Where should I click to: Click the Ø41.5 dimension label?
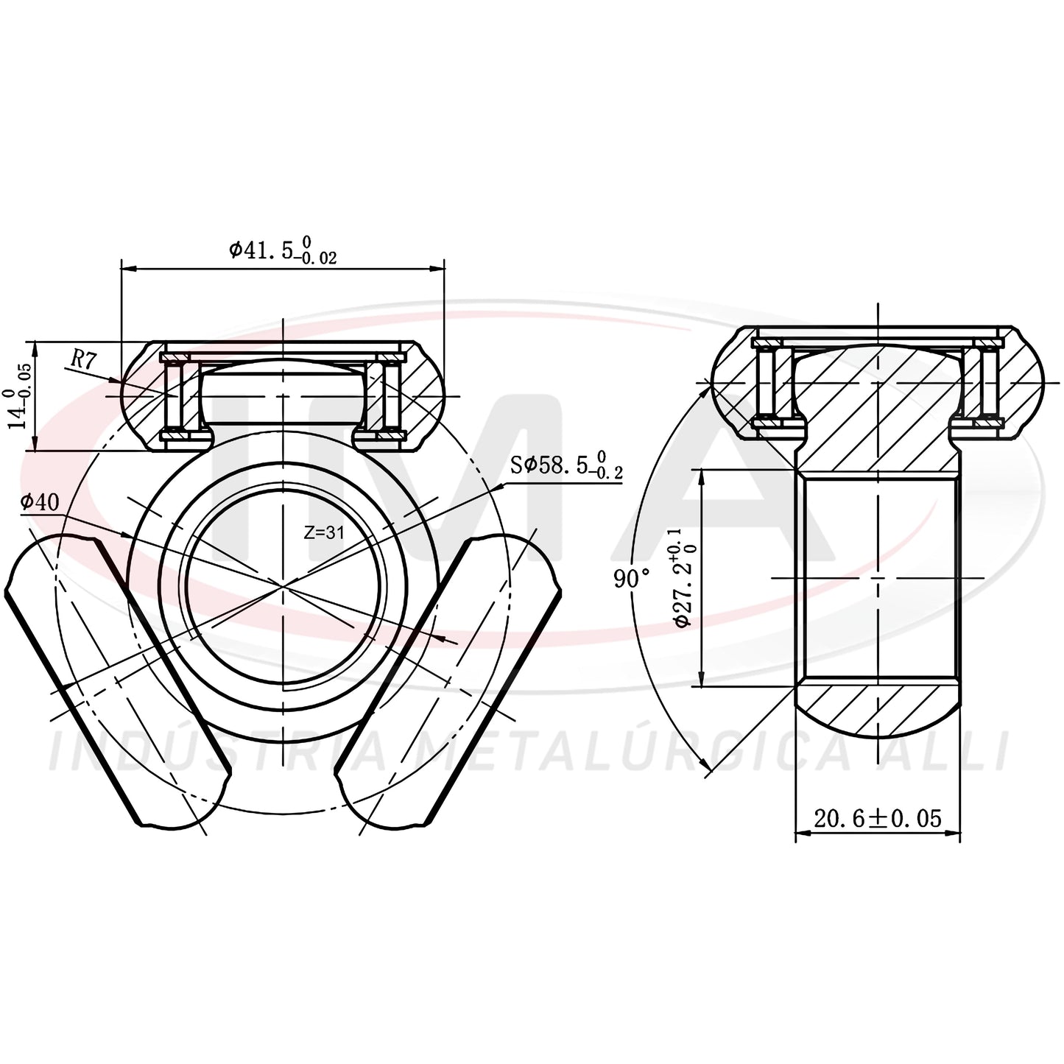(x=283, y=250)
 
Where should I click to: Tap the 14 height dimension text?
(x=18, y=395)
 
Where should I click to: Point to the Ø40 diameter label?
(x=39, y=502)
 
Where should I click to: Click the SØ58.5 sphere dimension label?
(x=566, y=467)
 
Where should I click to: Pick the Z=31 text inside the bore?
(x=324, y=533)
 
